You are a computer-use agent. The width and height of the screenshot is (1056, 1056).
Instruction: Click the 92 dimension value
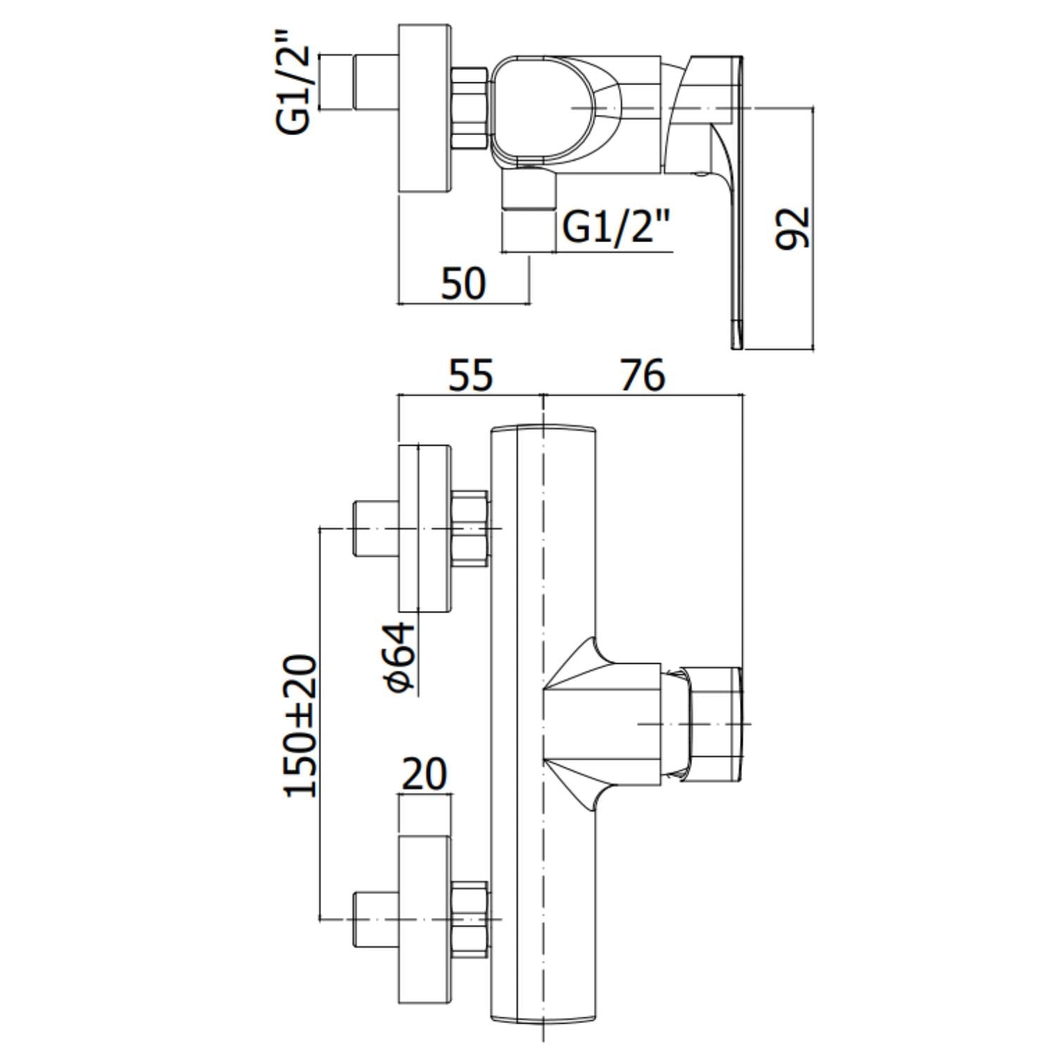coord(793,228)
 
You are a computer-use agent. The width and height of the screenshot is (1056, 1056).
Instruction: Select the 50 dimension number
coord(463,284)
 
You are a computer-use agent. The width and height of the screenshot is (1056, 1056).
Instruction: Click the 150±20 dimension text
coord(301,726)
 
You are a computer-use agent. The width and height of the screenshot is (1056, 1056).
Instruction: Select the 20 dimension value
coord(424,774)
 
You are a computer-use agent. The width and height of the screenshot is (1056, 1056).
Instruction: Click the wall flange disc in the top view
coord(425,108)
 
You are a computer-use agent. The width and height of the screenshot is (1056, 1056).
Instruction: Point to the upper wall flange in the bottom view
coord(425,529)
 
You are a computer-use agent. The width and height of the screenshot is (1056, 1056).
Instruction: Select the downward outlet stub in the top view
coord(529,189)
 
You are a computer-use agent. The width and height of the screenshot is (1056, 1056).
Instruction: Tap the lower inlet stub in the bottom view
coord(375,919)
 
